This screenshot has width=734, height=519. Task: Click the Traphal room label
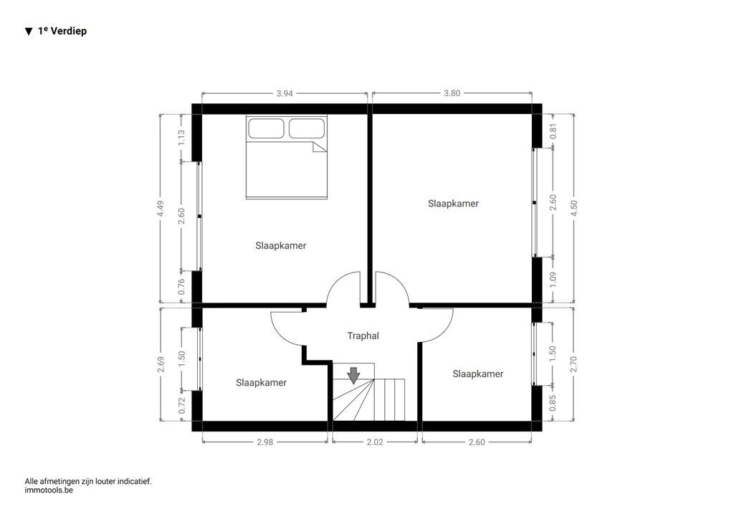pyautogui.click(x=363, y=335)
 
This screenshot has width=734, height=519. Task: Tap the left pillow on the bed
pyautogui.click(x=267, y=129)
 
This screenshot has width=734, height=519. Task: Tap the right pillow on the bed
pyautogui.click(x=307, y=129)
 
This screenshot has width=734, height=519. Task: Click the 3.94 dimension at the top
pyautogui.click(x=285, y=93)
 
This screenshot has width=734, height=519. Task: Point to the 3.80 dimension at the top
pyautogui.click(x=452, y=93)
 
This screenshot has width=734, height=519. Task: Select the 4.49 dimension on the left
pyautogui.click(x=161, y=208)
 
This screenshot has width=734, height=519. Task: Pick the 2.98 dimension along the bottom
pyautogui.click(x=265, y=442)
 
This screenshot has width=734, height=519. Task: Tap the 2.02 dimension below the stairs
pyautogui.click(x=374, y=442)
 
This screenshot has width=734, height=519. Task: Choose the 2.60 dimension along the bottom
pyautogui.click(x=477, y=442)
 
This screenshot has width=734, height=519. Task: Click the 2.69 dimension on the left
pyautogui.click(x=161, y=364)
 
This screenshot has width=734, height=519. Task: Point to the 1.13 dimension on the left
pyautogui.click(x=181, y=137)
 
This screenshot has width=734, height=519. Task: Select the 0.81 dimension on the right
pyautogui.click(x=553, y=131)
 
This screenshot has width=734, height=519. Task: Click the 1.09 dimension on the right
pyautogui.click(x=553, y=280)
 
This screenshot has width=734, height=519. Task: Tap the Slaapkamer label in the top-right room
pyautogui.click(x=453, y=204)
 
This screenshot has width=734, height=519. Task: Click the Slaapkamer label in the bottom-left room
pyautogui.click(x=261, y=383)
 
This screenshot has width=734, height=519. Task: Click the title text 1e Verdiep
pyautogui.click(x=62, y=32)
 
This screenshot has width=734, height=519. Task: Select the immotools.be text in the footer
pyautogui.click(x=49, y=491)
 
